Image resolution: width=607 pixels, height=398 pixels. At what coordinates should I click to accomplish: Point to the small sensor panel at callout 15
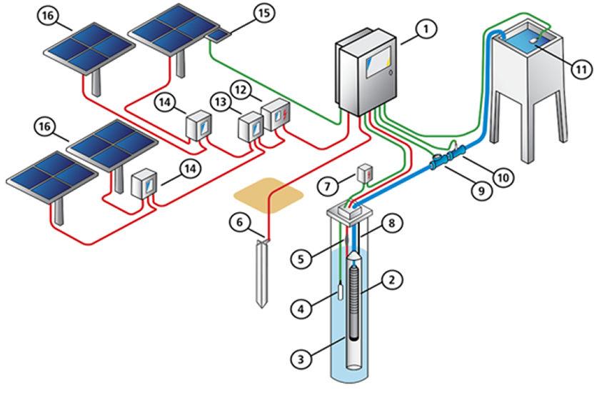tap(219, 35)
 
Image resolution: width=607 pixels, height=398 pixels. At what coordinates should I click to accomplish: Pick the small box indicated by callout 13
tap(250, 127)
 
